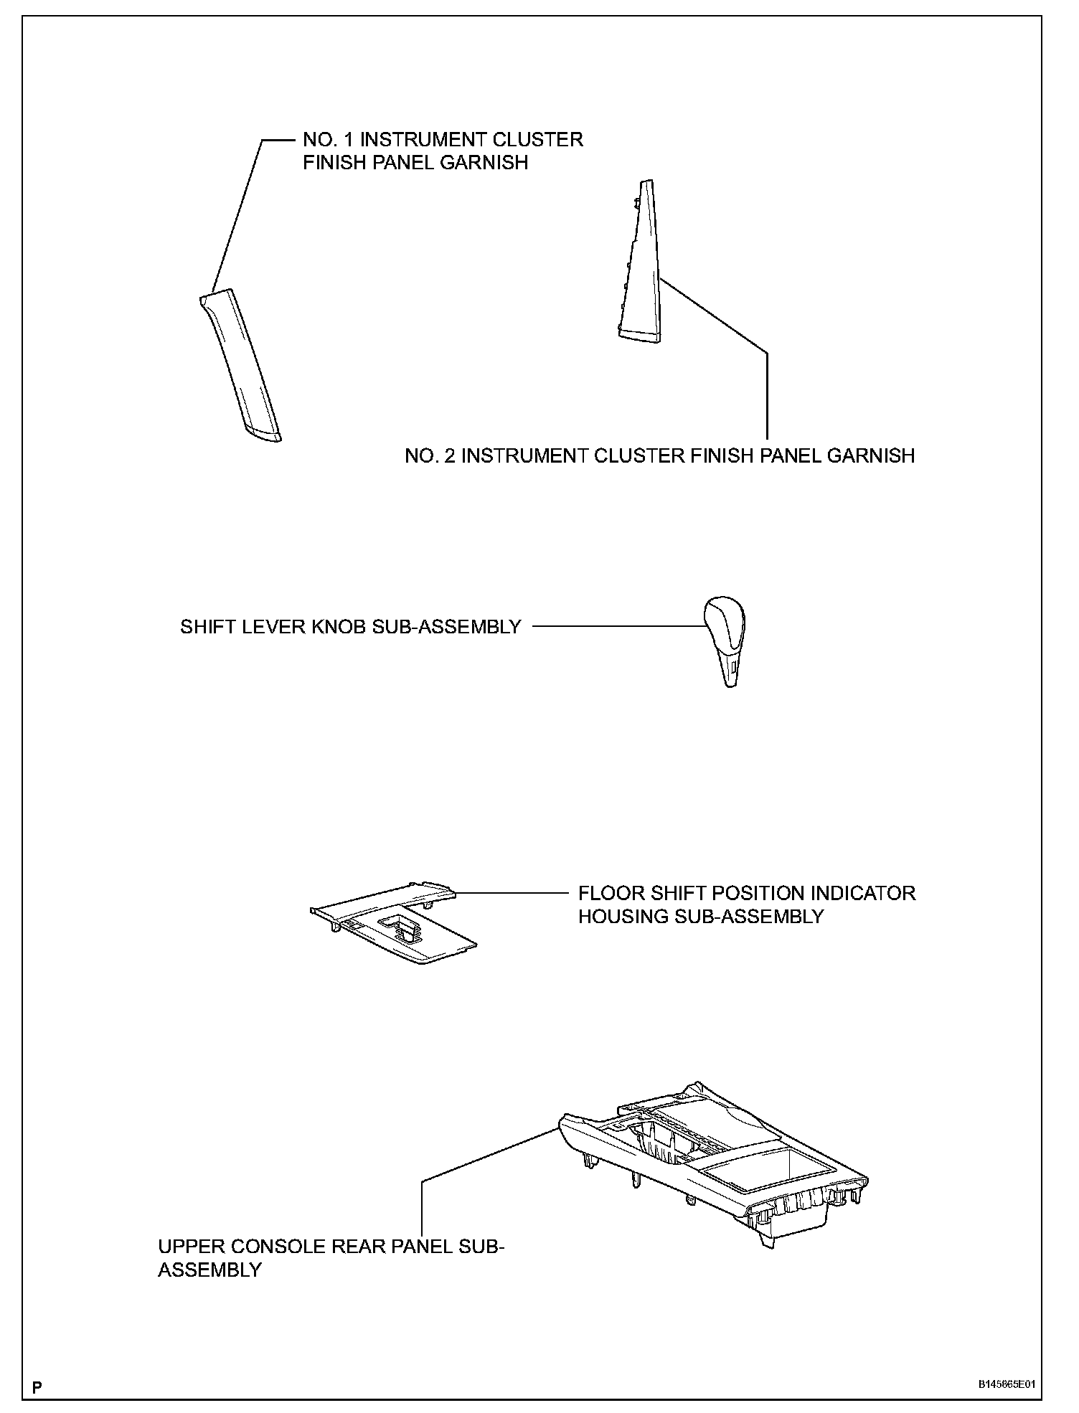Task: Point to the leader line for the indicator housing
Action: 509,893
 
